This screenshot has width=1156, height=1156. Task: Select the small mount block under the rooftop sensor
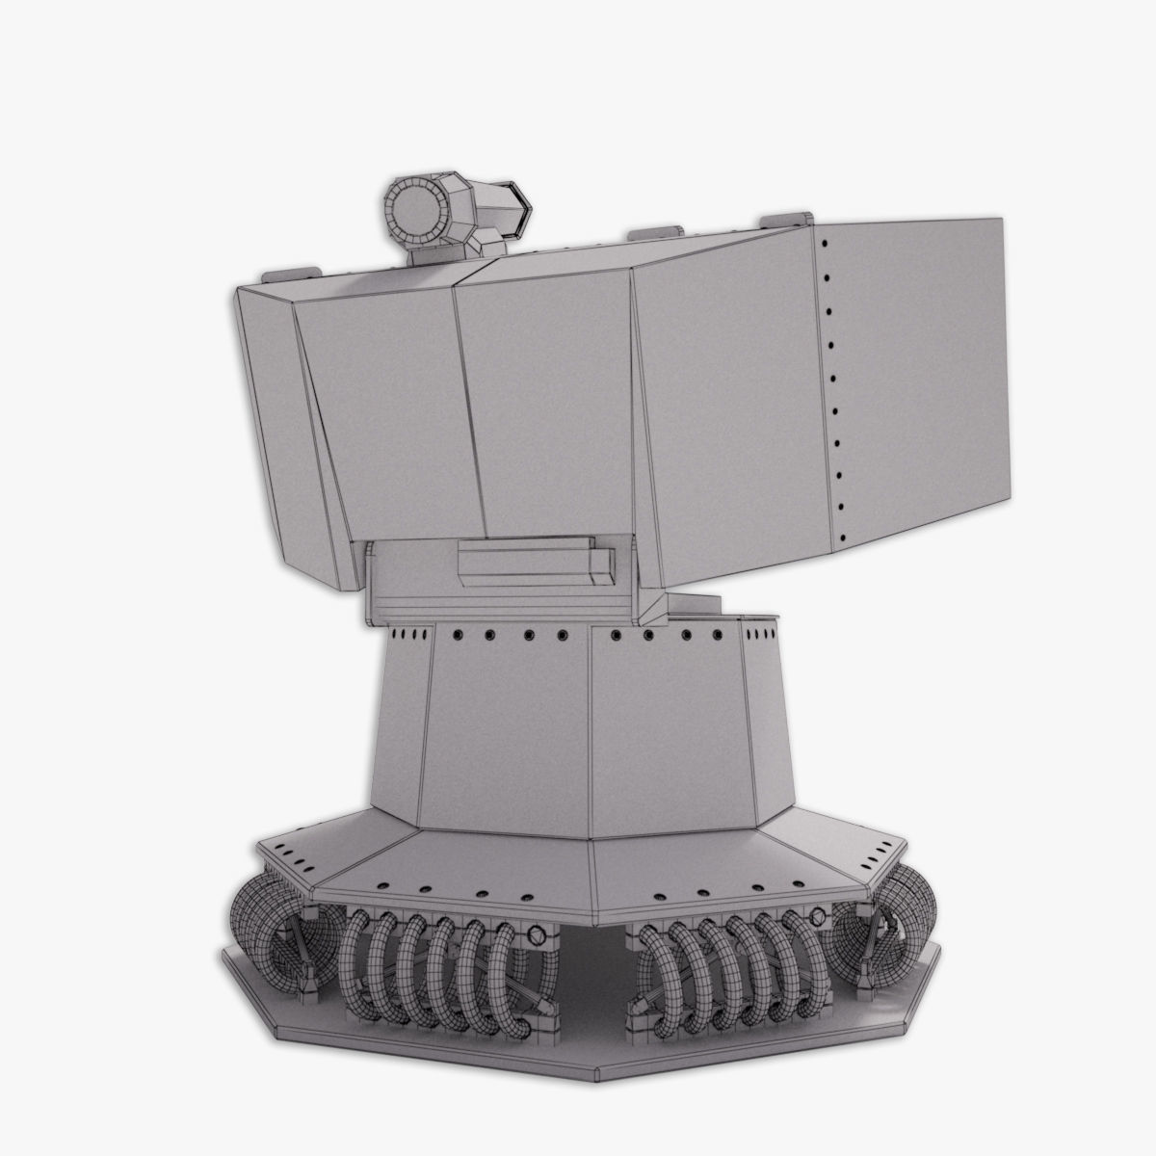[x=433, y=252]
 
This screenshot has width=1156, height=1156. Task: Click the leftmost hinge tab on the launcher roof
[x=295, y=272]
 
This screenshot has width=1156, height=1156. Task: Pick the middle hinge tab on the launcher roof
[x=653, y=234]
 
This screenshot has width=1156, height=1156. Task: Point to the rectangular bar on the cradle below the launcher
[x=532, y=562]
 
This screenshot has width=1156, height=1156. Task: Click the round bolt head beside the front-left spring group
[x=535, y=933]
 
